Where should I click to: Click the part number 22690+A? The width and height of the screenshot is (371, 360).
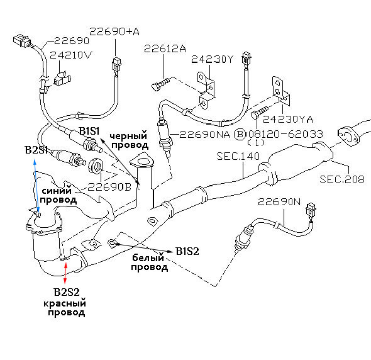[114, 31]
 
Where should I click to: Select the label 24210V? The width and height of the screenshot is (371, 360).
[70, 55]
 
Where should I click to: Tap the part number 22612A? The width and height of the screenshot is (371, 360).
[165, 49]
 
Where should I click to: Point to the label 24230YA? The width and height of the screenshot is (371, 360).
[288, 119]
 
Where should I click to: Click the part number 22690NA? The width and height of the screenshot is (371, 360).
[204, 134]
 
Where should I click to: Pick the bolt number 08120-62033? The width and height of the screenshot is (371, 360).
[285, 134]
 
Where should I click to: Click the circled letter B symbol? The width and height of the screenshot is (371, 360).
[240, 134]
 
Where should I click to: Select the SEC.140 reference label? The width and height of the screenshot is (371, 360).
[238, 156]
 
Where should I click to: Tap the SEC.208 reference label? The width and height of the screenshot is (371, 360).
[341, 179]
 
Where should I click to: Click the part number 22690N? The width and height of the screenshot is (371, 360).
[279, 202]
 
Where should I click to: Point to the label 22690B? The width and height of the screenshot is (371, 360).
[109, 187]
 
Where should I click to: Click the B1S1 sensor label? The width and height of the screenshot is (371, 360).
[89, 131]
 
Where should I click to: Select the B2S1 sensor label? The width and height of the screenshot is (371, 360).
[36, 150]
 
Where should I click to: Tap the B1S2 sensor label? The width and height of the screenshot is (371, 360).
[187, 251]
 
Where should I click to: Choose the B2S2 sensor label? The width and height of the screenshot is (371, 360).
[67, 292]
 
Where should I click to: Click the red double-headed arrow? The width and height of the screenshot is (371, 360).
[65, 273]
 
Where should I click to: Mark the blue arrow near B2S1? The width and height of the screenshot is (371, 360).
[36, 186]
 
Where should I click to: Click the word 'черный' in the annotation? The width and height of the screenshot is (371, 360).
[128, 136]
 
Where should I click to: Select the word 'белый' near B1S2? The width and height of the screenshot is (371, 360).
[148, 257]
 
